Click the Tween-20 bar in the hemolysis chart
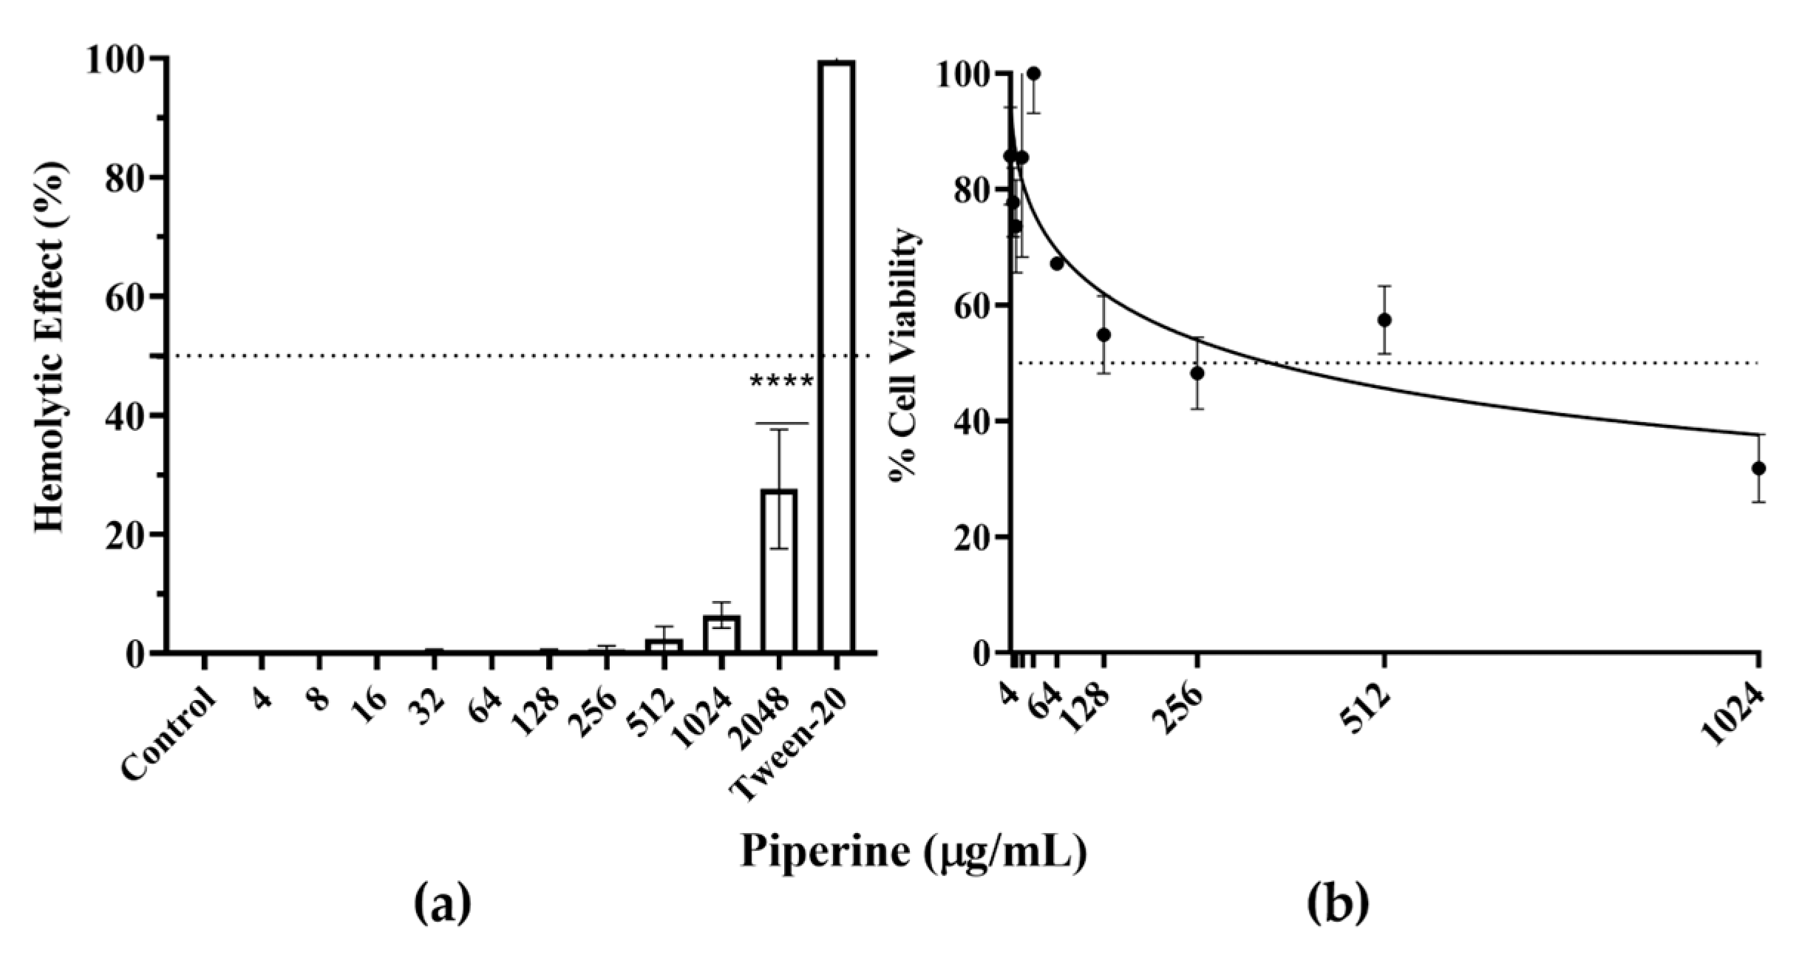pos(837,355)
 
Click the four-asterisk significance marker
pos(781,383)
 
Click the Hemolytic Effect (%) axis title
pos(52,347)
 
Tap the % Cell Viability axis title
pos(905,355)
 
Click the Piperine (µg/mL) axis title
pos(914,852)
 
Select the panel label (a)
pos(442,906)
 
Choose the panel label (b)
pos(1338,906)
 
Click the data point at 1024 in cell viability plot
pos(1758,468)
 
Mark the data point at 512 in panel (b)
pos(1384,320)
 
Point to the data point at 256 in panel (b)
pos(1197,373)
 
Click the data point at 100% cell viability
pos(1033,74)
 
